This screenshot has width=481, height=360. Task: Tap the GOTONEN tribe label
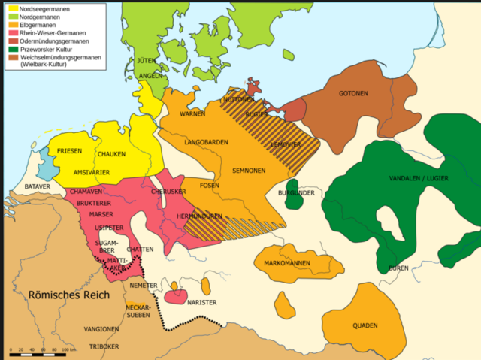[353, 93]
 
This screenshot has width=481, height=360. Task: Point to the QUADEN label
[365, 325]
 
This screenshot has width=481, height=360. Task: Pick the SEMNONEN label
[247, 171]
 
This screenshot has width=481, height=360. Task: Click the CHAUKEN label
[110, 154]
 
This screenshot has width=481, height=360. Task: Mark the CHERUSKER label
[168, 192]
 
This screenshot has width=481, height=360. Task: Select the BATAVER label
[37, 186]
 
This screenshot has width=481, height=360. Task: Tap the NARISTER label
[201, 302]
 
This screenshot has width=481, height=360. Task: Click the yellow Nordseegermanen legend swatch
[14, 8]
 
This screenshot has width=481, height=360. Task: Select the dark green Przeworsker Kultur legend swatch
[14, 49]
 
